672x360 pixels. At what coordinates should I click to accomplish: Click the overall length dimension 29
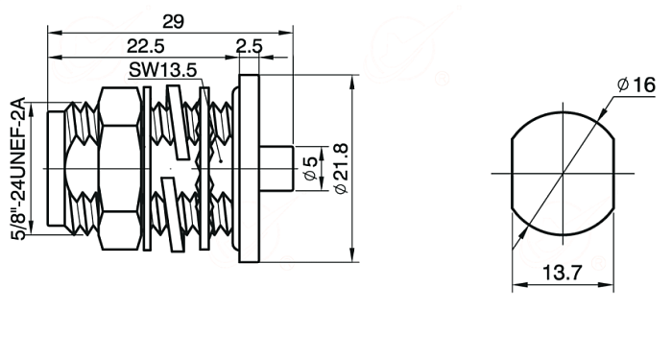(173, 21)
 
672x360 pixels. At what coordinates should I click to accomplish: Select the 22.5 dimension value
(146, 46)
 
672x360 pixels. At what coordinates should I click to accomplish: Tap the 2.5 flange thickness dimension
(249, 46)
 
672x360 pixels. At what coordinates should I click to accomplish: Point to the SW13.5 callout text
(163, 70)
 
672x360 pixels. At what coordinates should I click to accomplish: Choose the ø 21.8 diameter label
(341, 168)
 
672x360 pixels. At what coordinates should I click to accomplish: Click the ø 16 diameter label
(636, 84)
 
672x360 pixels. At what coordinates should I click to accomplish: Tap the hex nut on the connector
(120, 168)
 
